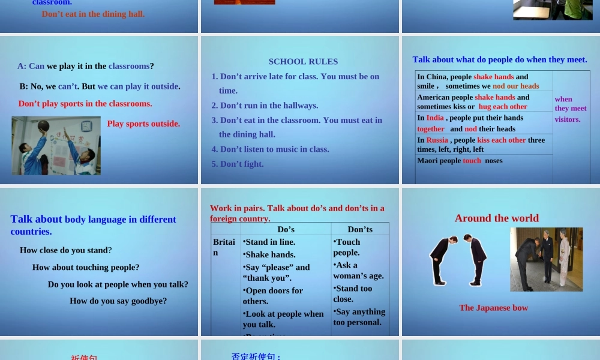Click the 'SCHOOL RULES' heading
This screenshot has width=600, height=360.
click(303, 61)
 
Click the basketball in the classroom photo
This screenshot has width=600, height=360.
click(43, 126)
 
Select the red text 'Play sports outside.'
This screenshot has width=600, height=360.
click(143, 124)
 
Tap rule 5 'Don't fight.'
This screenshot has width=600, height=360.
click(237, 164)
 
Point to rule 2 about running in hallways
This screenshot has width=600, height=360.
click(265, 105)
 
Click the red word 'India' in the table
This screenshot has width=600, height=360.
click(435, 118)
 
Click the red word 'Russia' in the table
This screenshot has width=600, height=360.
click(437, 140)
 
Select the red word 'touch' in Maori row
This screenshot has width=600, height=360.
click(472, 160)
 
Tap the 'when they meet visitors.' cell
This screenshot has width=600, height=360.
click(570, 109)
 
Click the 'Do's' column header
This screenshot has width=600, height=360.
click(286, 229)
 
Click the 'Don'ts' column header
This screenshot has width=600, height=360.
click(360, 229)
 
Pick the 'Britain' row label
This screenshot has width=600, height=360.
click(224, 247)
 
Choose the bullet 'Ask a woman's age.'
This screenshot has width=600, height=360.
click(358, 271)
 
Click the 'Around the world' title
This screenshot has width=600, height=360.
click(496, 218)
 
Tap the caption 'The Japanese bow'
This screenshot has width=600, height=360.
click(493, 308)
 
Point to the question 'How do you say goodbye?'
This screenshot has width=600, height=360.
click(118, 301)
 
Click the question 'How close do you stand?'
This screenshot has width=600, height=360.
click(65, 250)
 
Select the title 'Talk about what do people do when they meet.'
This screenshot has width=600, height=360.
click(500, 59)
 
